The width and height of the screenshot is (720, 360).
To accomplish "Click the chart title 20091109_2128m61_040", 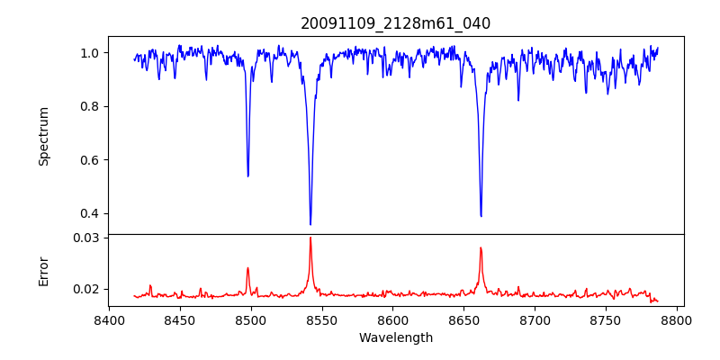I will [x=395, y=23].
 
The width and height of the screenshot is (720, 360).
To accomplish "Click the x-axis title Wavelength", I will [x=395, y=338].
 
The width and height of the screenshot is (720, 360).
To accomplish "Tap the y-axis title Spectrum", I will [x=44, y=136].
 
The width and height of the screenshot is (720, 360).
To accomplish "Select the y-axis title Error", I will [x=44, y=271].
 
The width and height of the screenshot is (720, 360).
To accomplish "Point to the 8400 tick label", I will [x=109, y=319].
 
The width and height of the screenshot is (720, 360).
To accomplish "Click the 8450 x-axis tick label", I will [x=180, y=319].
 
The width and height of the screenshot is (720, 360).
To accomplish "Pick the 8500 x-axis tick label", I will [x=251, y=319].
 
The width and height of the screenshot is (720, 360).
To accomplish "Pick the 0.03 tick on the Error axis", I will [x=86, y=238].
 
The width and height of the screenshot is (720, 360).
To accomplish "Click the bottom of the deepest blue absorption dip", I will [x=310, y=224].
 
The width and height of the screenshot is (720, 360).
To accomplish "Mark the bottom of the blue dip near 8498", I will [x=248, y=175].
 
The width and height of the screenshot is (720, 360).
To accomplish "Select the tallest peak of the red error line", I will [x=310, y=238].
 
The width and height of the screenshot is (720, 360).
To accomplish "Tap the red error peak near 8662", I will [x=481, y=247].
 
